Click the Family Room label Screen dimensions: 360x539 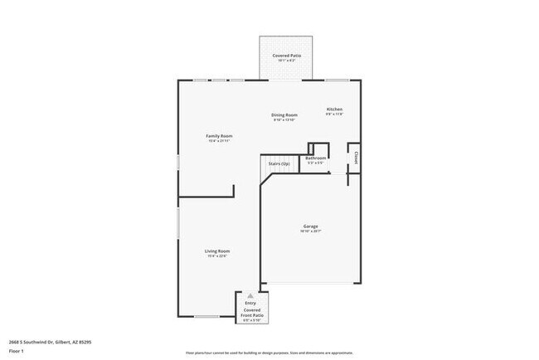pyautogui.click(x=219, y=135)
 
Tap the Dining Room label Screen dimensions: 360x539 pyautogui.click(x=284, y=114)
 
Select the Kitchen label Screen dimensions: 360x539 pyautogui.click(x=334, y=109)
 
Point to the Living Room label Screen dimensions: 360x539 pyautogui.click(x=217, y=251)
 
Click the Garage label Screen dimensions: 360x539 pyautogui.click(x=311, y=226)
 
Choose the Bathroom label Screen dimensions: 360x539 pyautogui.click(x=315, y=158)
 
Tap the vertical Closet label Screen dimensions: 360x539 pyautogui.click(x=356, y=155)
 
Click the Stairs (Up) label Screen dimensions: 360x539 pyautogui.click(x=278, y=164)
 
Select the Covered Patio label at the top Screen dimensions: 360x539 pyautogui.click(x=287, y=56)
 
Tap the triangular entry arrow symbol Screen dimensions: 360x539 pyautogui.click(x=250, y=296)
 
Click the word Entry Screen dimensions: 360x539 pyautogui.click(x=250, y=304)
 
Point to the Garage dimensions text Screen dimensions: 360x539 pyautogui.click(x=311, y=232)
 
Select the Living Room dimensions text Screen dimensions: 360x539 pyautogui.click(x=217, y=256)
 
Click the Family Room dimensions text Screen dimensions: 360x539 pyautogui.click(x=219, y=141)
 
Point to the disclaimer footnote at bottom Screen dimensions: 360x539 pyautogui.click(x=269, y=353)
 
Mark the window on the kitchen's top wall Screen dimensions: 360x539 pyautogui.click(x=336, y=80)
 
